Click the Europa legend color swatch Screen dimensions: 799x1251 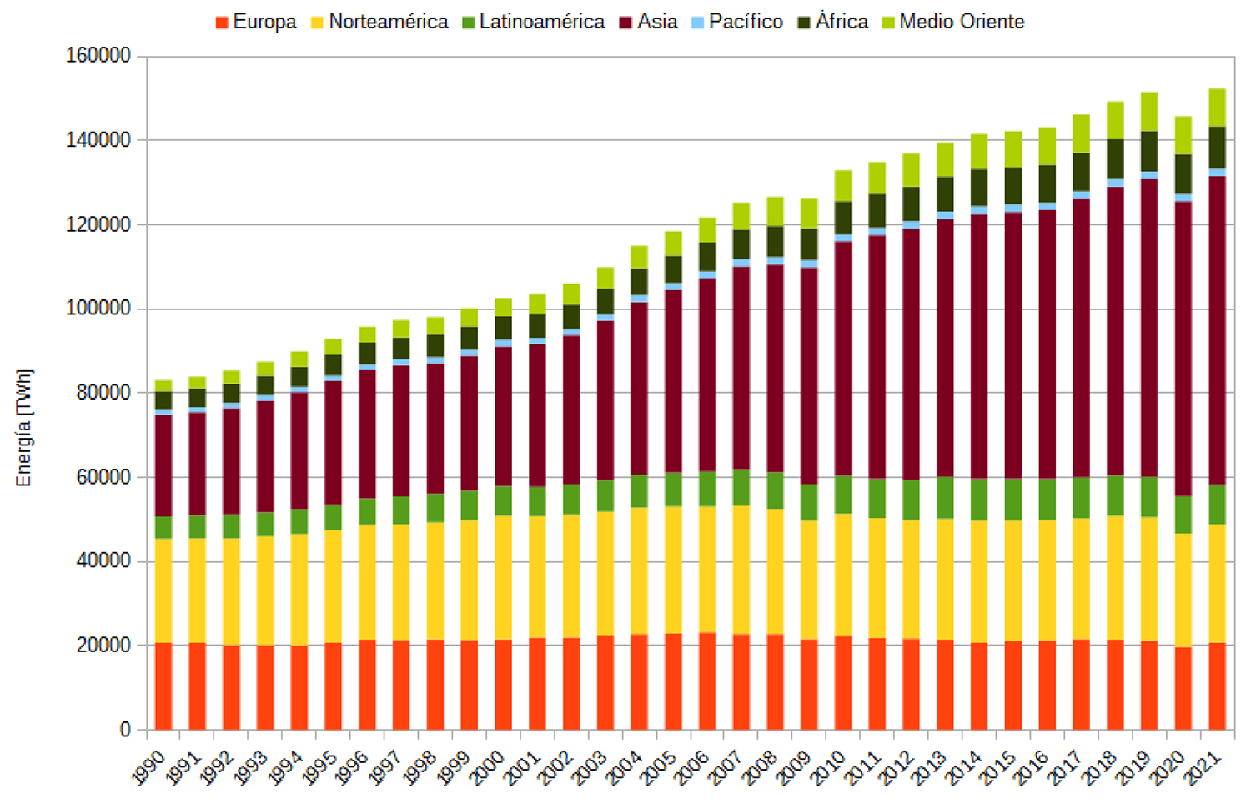pyautogui.click(x=222, y=23)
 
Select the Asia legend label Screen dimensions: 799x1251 pyautogui.click(x=657, y=22)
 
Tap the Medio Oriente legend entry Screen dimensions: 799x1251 pyautogui.click(x=962, y=22)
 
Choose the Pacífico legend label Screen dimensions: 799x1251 pyautogui.click(x=746, y=22)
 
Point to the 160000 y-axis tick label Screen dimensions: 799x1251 pyautogui.click(x=98, y=56)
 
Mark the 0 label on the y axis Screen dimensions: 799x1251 pyautogui.click(x=125, y=730)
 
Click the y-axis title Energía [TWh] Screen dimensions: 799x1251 pyautogui.click(x=23, y=428)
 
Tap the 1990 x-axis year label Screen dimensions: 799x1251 pyautogui.click(x=149, y=767)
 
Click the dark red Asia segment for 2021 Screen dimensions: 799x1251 pyautogui.click(x=1217, y=329)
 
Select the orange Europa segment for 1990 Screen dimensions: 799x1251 pyautogui.click(x=163, y=686)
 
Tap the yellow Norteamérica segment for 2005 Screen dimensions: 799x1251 pyautogui.click(x=673, y=570)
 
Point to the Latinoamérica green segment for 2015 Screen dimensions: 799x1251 pyautogui.click(x=1012, y=499)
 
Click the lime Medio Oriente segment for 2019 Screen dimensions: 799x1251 pyautogui.click(x=1149, y=111)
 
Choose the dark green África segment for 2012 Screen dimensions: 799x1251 pyautogui.click(x=911, y=204)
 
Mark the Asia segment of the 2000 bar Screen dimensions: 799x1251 pyautogui.click(x=503, y=416)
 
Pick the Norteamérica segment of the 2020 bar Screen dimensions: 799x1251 pyautogui.click(x=1183, y=590)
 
